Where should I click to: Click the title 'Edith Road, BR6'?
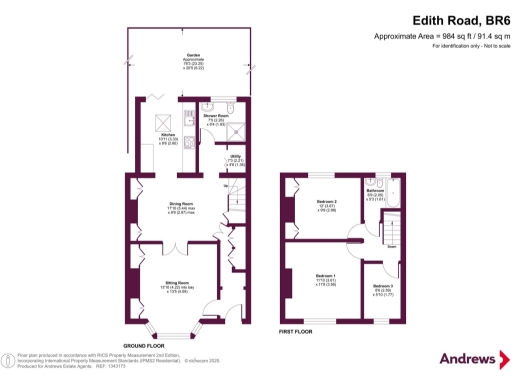(456, 19)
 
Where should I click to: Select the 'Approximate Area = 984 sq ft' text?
(441, 36)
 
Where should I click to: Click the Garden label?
(189, 57)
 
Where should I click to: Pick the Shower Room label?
(216, 117)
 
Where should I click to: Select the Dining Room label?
(179, 206)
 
